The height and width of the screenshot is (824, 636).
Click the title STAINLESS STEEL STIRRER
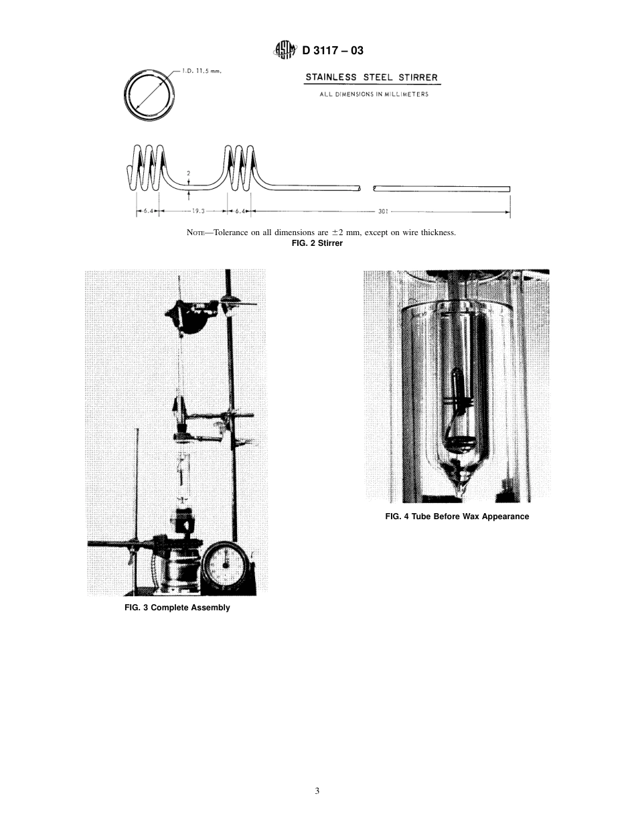pos(372,78)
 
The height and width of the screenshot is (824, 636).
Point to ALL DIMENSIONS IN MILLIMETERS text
pos(374,94)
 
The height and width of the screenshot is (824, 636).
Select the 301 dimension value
pos(383,211)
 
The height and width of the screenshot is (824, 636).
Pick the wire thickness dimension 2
pos(189,172)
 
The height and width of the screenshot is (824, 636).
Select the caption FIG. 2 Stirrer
pos(317,243)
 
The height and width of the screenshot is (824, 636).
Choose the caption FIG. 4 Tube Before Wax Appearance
pos(457,517)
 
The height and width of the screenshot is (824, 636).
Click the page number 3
pos(317,791)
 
